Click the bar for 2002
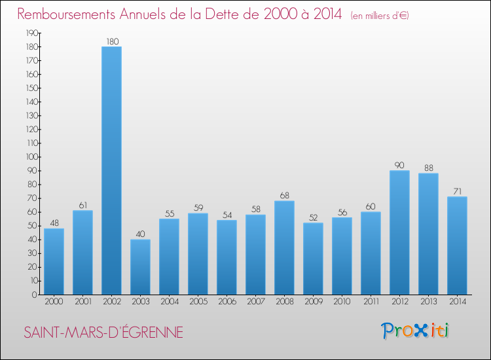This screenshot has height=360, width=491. [x=111, y=170]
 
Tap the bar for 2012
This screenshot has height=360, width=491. [x=399, y=232]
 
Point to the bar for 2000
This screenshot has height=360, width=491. [x=54, y=261]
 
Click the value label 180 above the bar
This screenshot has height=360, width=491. [x=112, y=42]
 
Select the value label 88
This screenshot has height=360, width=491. [x=428, y=168]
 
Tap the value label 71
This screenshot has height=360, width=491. [x=457, y=191]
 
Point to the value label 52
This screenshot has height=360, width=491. [x=313, y=217]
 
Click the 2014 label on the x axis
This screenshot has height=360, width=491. [x=457, y=301]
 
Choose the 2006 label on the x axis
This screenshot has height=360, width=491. [x=227, y=301]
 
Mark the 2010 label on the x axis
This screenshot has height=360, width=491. [x=342, y=301]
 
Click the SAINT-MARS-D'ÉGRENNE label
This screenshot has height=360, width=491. [x=103, y=332]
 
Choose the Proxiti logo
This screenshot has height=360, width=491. [x=415, y=331]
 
